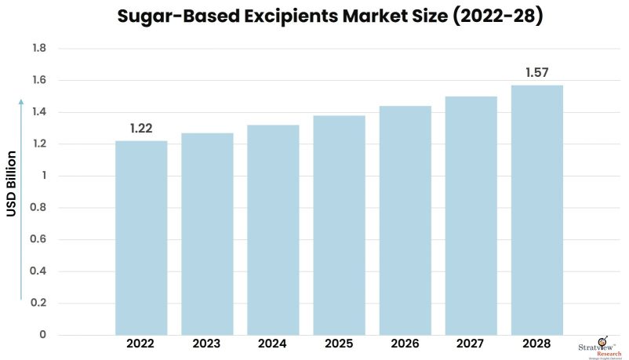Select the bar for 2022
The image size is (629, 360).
point(141,238)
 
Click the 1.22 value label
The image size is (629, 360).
point(141,129)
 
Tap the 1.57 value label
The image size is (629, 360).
point(536,73)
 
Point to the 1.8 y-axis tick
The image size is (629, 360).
point(39,49)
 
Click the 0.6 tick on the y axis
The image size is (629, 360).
point(39,240)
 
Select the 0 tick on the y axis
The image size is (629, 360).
point(43,335)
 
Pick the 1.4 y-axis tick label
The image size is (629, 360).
point(39,112)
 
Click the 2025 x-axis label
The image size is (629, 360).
point(339,344)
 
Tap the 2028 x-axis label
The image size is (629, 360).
point(536,344)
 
